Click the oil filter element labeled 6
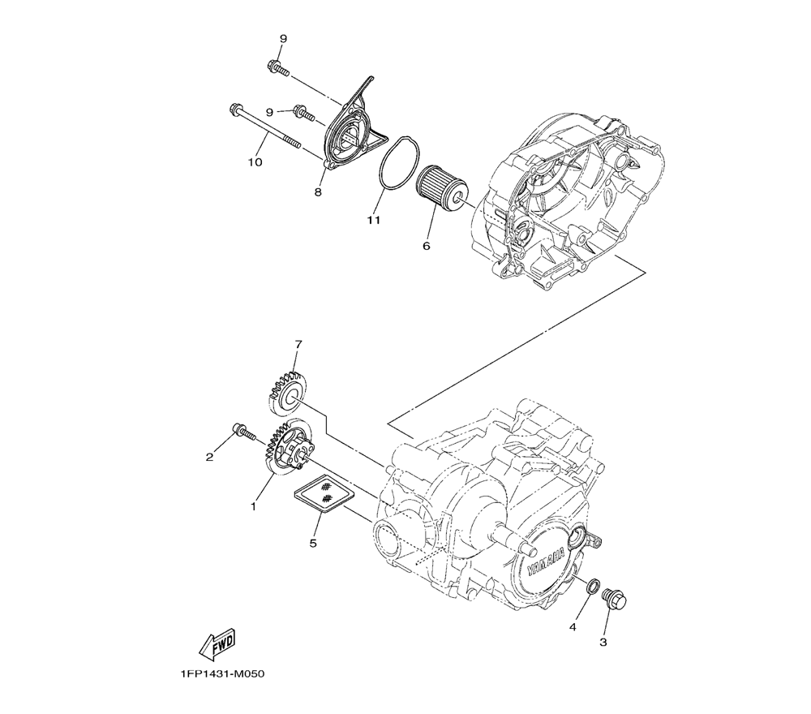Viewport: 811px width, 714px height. [x=441, y=188]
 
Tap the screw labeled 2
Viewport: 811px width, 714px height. [x=243, y=432]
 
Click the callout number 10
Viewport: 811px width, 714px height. [x=255, y=162]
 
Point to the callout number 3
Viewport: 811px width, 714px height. [x=603, y=641]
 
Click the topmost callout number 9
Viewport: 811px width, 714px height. [x=284, y=39]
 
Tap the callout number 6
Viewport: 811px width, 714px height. [x=427, y=245]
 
